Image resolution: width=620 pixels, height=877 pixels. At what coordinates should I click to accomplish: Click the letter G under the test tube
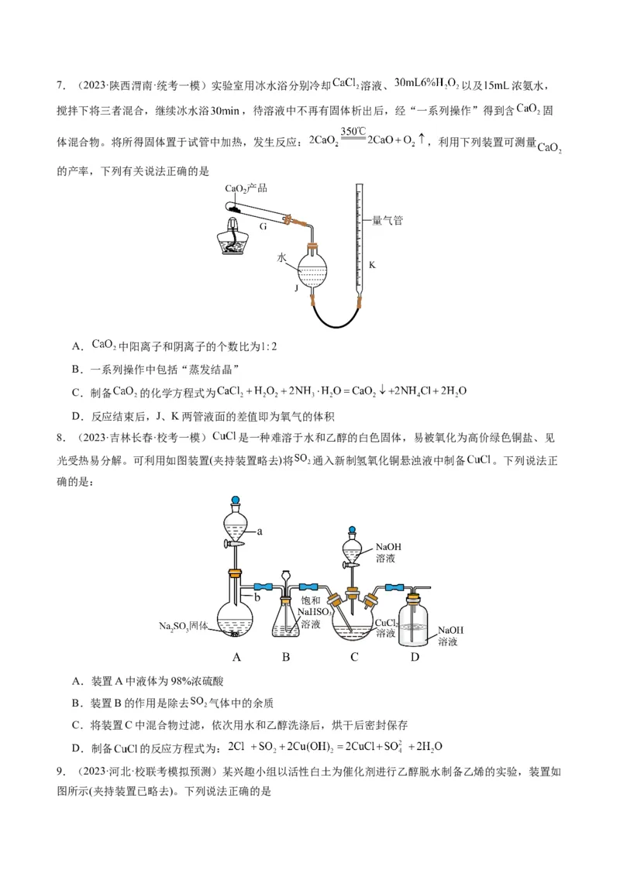(x=263, y=226)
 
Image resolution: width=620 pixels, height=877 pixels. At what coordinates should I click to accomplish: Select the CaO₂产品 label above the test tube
(x=246, y=188)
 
